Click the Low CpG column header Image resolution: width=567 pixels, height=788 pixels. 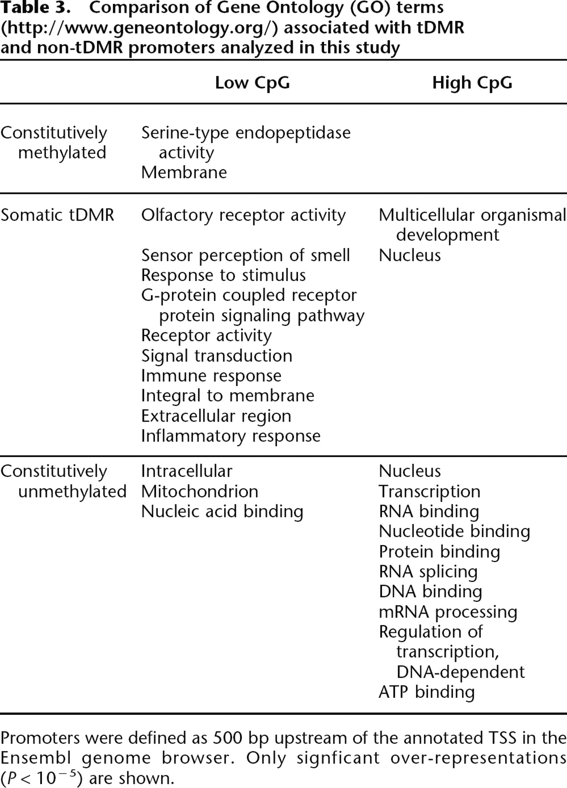[252, 83]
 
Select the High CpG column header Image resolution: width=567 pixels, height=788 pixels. [472, 83]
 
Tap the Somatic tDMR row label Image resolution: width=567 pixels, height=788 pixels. [57, 215]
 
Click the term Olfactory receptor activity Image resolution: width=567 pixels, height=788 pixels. [243, 215]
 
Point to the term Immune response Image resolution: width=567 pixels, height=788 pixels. [211, 376]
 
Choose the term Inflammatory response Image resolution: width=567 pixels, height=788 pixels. [231, 436]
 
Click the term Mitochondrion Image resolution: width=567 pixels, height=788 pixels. [199, 491]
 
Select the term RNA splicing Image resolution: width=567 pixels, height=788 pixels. [428, 571]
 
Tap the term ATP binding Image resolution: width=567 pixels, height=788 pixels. [427, 692]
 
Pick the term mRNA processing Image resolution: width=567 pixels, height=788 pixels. [448, 612]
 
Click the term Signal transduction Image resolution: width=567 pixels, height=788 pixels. [217, 355]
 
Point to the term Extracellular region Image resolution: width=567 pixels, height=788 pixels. [216, 416]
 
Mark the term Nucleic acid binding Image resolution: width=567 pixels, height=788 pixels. [222, 511]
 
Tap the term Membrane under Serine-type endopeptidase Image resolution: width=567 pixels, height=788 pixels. [184, 172]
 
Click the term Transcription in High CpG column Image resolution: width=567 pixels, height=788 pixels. [430, 491]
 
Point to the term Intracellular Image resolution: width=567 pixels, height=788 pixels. [187, 471]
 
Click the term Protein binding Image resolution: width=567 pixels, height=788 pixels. [439, 552]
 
